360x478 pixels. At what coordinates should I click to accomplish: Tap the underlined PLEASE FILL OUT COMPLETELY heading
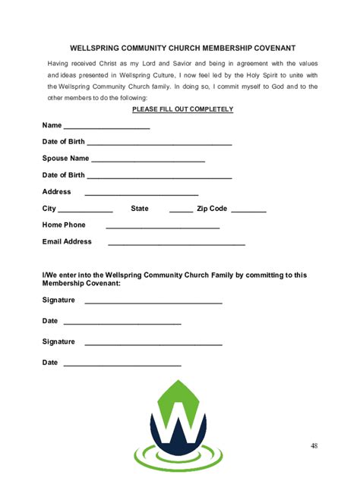(183, 109)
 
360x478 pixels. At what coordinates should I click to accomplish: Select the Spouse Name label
(65, 159)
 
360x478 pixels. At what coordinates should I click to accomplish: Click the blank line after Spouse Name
(147, 161)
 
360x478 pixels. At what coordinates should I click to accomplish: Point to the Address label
(56, 192)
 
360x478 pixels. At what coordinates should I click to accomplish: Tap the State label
(140, 209)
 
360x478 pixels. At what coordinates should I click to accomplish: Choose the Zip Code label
(212, 209)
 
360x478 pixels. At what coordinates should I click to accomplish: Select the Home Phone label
(64, 225)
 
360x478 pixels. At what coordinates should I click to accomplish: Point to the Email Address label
(67, 242)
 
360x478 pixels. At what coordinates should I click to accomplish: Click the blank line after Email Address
(177, 244)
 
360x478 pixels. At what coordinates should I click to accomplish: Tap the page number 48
(314, 445)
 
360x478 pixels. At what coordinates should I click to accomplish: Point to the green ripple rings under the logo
(178, 458)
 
